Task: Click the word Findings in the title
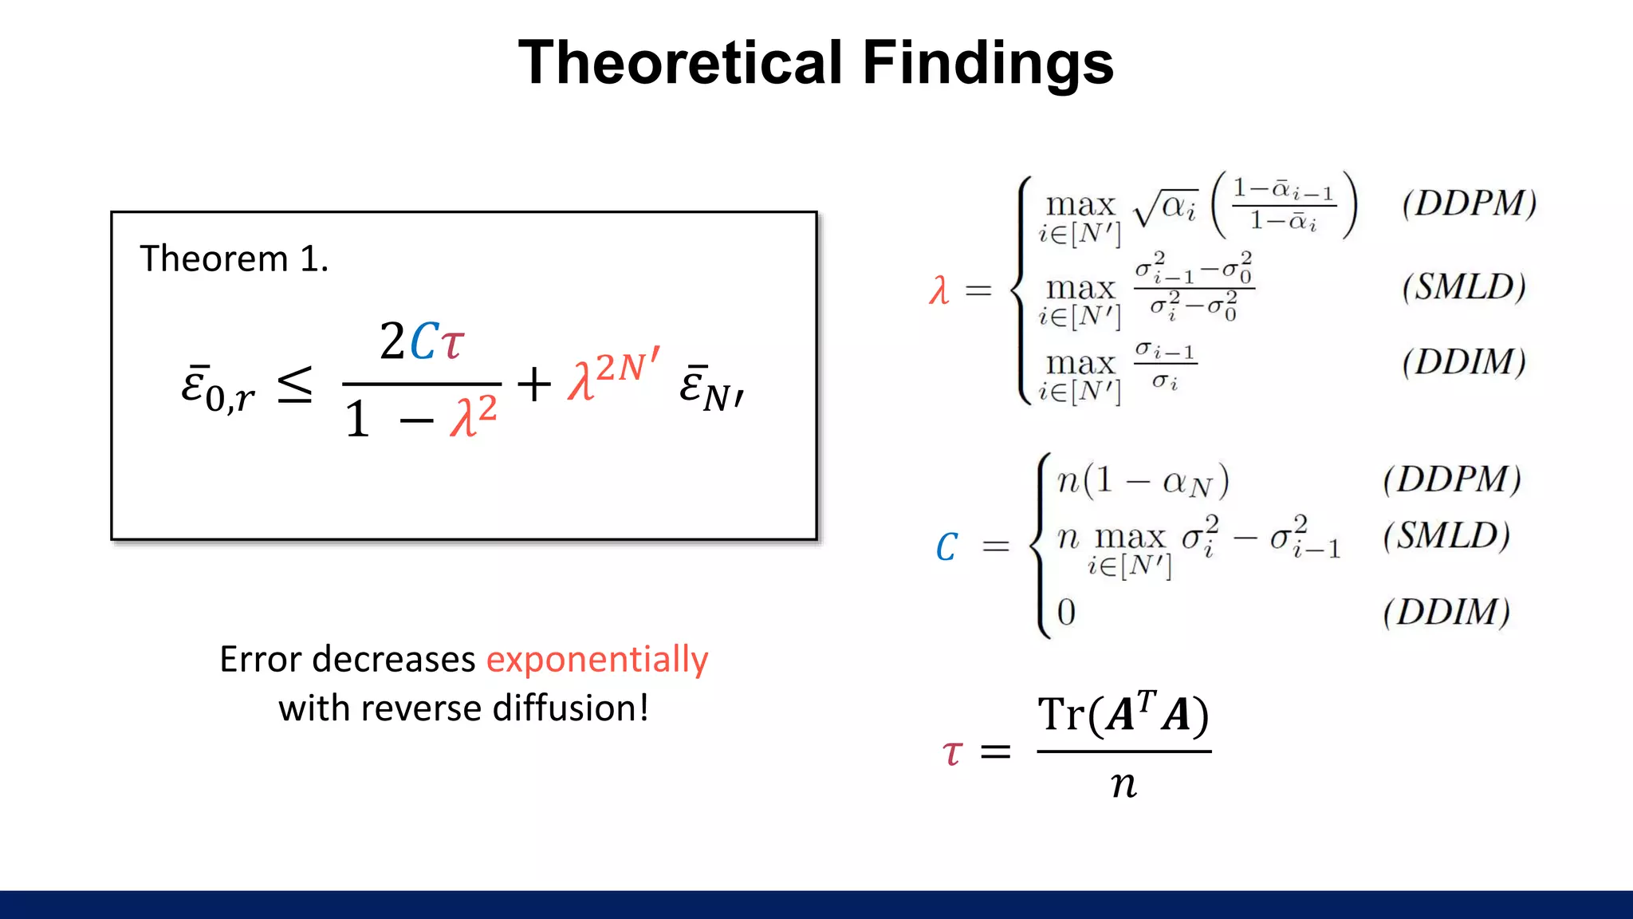point(988,64)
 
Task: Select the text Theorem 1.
point(234,259)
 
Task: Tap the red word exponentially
point(597,660)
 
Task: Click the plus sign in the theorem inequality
point(533,385)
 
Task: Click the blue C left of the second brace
point(946,547)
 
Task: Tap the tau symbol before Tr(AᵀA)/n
point(952,752)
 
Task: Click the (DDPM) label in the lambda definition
point(1469,203)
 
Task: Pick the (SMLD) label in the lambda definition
point(1464,287)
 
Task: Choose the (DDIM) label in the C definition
point(1446,613)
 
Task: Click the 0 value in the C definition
point(1066,613)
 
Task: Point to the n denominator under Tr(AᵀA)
point(1123,784)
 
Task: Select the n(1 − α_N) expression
point(1143,480)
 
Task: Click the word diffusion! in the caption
point(570,708)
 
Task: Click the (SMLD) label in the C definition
point(1446,536)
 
